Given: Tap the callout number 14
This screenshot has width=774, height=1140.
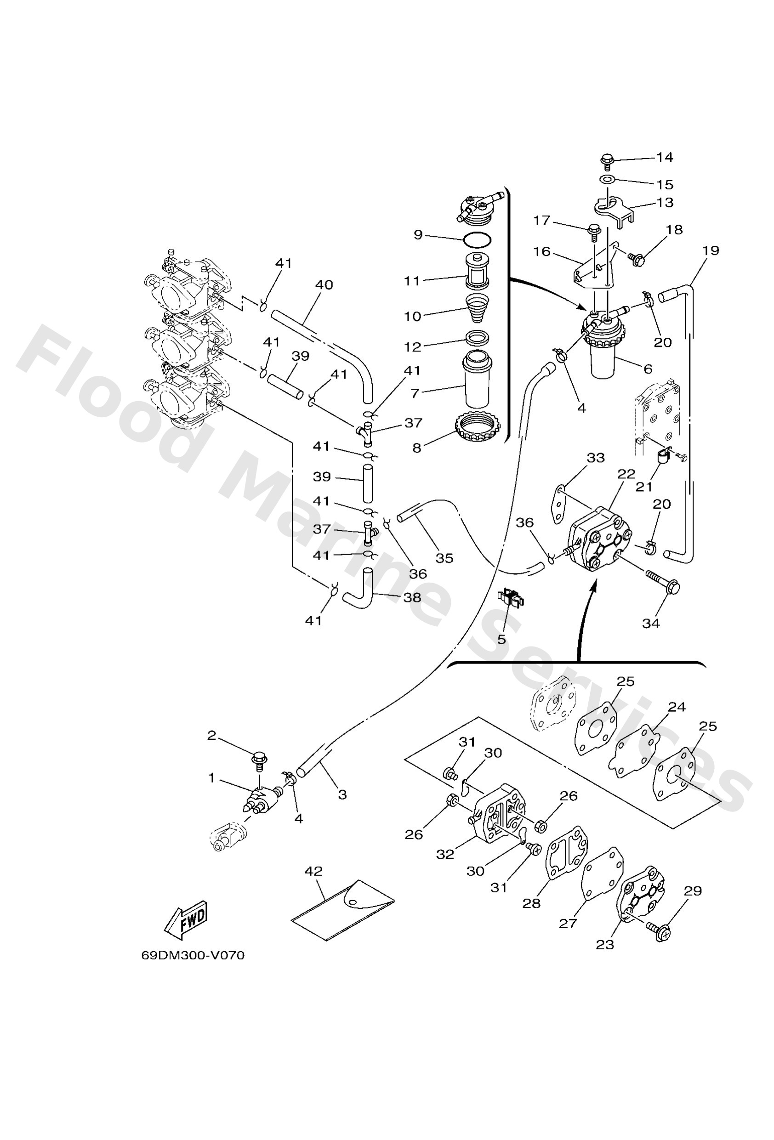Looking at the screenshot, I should tap(665, 157).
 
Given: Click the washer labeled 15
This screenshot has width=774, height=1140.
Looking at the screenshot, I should tap(607, 180).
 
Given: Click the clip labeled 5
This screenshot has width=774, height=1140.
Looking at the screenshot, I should tap(510, 599).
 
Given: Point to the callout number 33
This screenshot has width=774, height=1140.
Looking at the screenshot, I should tap(595, 458).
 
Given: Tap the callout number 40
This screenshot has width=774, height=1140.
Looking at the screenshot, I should tap(324, 284).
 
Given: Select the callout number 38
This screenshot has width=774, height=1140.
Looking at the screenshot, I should tap(412, 597).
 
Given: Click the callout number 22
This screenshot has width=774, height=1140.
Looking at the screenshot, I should tap(626, 474).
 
